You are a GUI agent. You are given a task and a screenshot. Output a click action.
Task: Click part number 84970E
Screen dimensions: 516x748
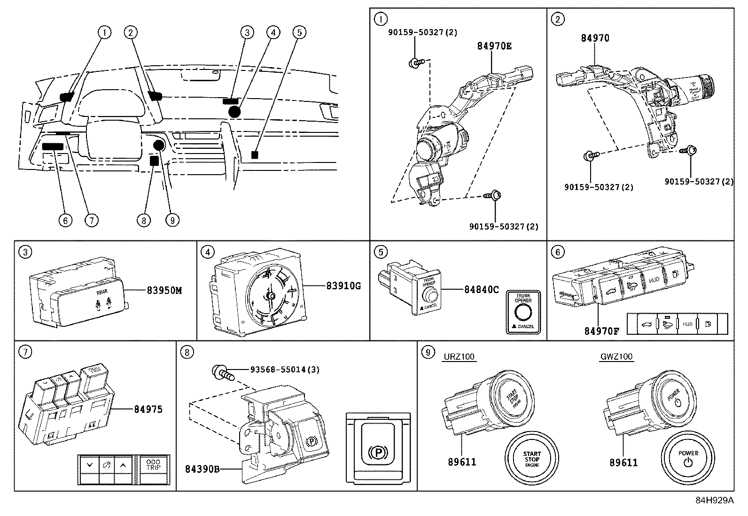494,46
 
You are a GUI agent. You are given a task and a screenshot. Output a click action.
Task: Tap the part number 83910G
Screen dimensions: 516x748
343,285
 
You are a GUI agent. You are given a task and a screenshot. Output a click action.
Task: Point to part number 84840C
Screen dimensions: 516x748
481,290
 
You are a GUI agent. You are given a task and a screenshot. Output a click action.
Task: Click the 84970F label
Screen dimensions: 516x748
601,331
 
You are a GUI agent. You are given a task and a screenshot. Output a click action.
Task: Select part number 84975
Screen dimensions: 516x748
147,409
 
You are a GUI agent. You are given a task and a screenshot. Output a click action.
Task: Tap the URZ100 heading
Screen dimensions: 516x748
459,357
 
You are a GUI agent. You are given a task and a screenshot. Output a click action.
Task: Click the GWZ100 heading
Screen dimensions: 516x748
616,357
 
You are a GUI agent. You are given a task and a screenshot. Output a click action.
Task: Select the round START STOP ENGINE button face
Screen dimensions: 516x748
531,458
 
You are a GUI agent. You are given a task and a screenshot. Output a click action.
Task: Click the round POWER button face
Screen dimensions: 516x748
688,458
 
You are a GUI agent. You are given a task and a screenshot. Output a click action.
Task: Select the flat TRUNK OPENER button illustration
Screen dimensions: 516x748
523,312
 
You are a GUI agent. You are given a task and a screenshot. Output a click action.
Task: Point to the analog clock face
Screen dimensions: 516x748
271,295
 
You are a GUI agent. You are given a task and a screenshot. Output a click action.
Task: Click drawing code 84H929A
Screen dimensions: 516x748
714,501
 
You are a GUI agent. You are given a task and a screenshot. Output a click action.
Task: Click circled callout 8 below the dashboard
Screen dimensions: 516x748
145,219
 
